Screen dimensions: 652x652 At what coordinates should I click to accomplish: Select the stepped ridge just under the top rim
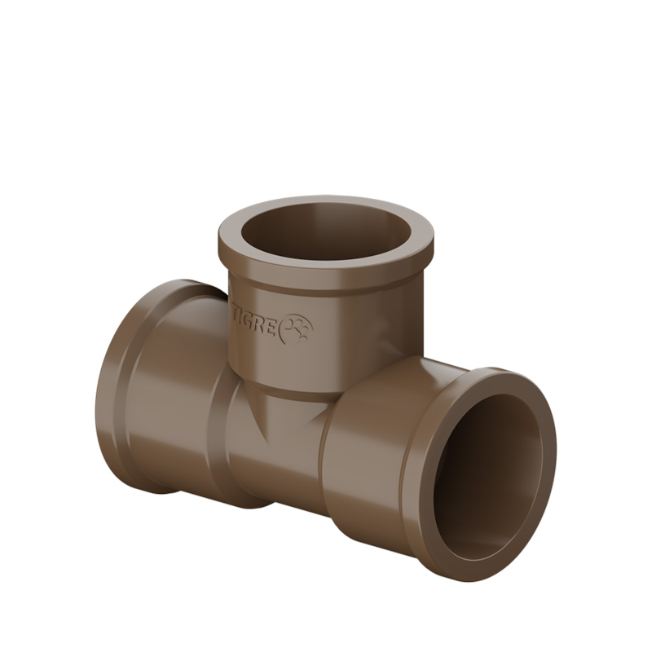(x=326, y=281)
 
